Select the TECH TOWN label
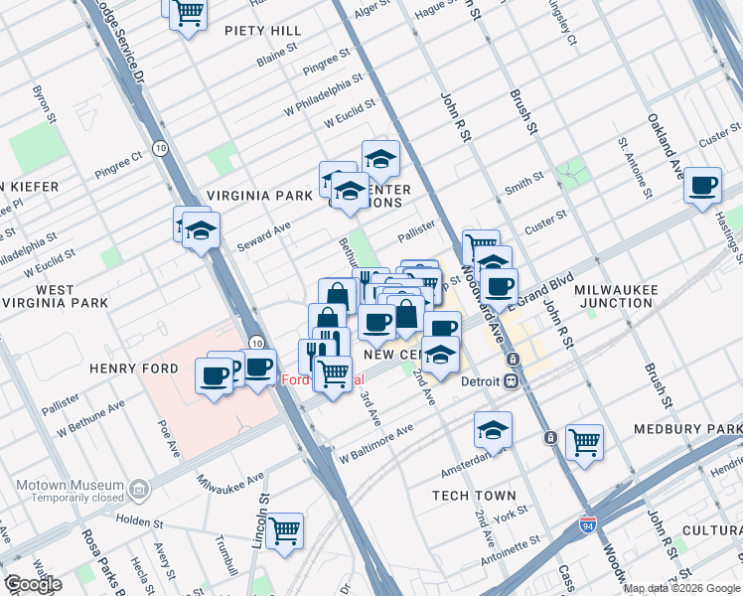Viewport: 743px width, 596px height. (474, 495)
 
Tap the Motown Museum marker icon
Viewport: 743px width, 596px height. (139, 488)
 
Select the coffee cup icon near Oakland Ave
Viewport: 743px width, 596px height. (703, 185)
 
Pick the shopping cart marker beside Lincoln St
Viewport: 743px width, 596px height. (284, 530)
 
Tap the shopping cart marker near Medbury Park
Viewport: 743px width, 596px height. (584, 440)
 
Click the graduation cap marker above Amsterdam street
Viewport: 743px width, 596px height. (492, 429)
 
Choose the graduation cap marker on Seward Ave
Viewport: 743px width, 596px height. (202, 231)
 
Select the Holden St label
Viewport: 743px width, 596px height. (138, 520)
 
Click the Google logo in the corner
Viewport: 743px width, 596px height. (32, 583)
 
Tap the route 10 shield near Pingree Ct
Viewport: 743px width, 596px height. (159, 148)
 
